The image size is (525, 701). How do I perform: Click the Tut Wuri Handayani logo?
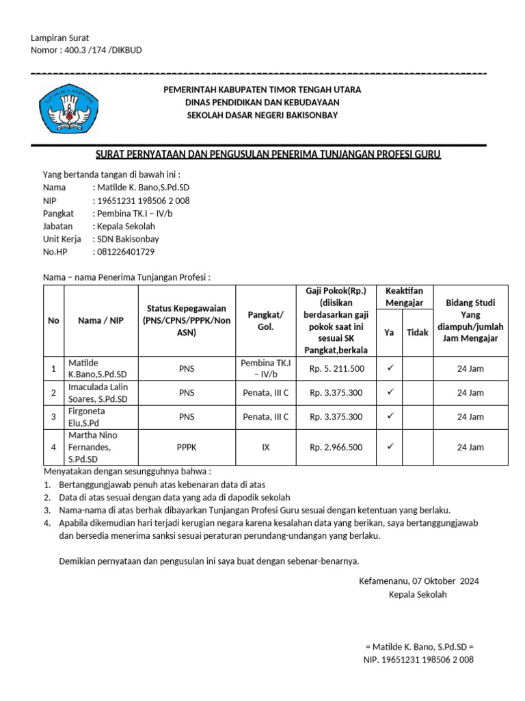coord(68,109)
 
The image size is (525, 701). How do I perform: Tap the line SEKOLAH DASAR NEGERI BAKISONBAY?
coord(262,115)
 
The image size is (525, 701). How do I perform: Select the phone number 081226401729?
coord(126,251)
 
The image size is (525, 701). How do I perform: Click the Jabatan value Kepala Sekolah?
coord(126,226)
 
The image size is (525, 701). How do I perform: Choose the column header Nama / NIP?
coord(100,320)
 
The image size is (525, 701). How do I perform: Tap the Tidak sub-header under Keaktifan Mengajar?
coord(418,332)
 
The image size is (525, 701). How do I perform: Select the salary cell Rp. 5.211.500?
coord(337,369)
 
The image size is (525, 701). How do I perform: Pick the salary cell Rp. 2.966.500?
coord(337,447)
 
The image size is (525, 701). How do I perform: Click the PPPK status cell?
coord(186,447)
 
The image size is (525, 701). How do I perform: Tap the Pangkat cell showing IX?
coord(266,447)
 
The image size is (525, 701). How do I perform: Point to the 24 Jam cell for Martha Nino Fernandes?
coord(470,447)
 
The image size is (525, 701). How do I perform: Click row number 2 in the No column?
coord(53,393)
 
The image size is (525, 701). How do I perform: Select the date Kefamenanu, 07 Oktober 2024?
coord(418,581)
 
